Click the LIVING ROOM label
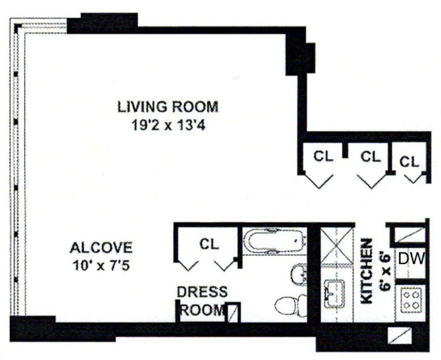(x=168, y=107)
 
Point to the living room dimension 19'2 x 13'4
(x=168, y=124)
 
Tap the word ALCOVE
(x=101, y=248)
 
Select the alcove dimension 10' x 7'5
(x=101, y=266)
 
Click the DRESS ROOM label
(x=202, y=301)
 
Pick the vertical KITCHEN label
(x=367, y=272)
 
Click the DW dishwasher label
(x=411, y=259)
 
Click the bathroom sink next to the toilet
(x=299, y=275)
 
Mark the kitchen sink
(x=334, y=294)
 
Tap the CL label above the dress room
(x=210, y=244)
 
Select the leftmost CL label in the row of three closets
(x=323, y=156)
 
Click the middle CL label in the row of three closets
(x=371, y=156)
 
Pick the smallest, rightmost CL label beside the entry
(x=410, y=162)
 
